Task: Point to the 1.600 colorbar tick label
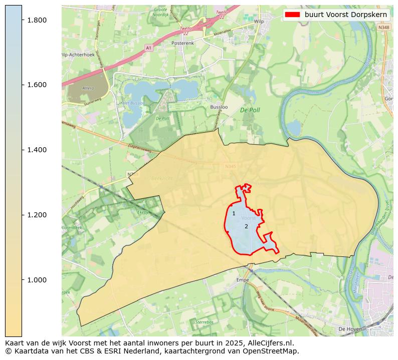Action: (36, 85)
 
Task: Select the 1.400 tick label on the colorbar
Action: (36, 150)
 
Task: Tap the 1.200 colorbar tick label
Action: (36, 215)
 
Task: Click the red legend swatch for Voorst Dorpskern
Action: (292, 15)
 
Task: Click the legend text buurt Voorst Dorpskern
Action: (346, 15)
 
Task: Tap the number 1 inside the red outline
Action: (234, 214)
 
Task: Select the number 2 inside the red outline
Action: (246, 226)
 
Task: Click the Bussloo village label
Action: (219, 107)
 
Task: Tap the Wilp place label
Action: (259, 22)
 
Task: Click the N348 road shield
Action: (383, 28)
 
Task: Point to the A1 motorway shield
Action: (148, 48)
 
